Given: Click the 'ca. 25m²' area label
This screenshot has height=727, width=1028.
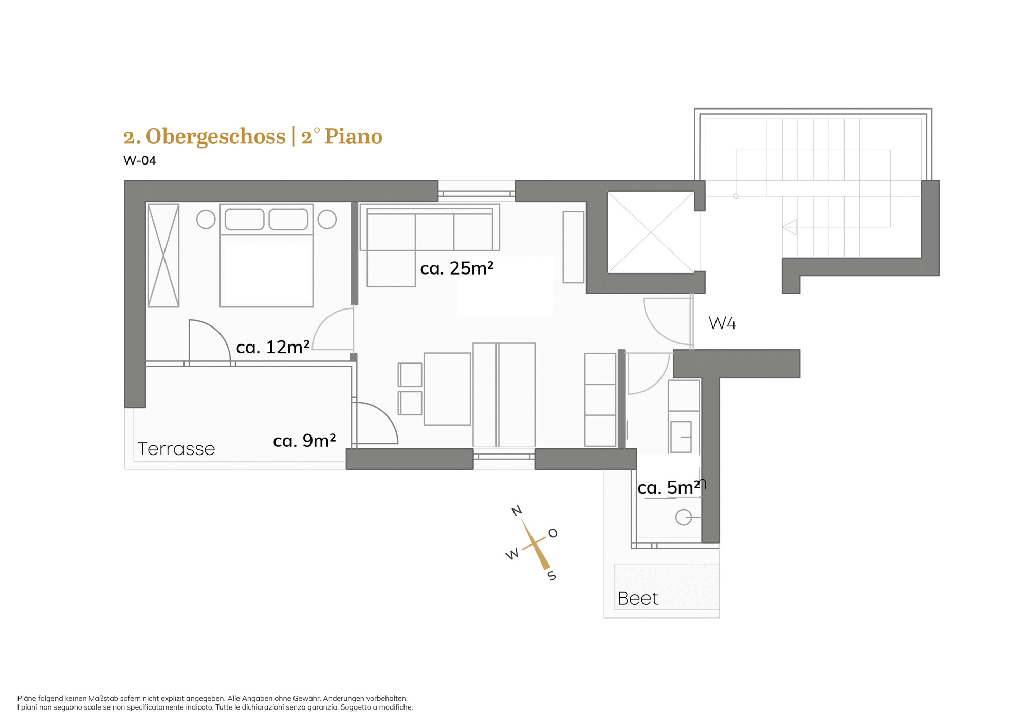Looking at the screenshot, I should click(x=456, y=268).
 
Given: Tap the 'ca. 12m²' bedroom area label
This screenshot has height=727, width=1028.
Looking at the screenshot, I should click(x=272, y=348).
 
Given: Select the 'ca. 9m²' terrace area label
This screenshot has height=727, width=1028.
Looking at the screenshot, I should click(x=304, y=441).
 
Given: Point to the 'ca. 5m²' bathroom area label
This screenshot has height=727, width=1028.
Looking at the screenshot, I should click(x=668, y=487).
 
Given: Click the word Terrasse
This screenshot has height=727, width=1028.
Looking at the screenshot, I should click(x=176, y=449).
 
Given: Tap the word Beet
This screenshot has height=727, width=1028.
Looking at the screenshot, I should click(x=638, y=598).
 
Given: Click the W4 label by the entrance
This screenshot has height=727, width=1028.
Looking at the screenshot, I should click(x=722, y=323).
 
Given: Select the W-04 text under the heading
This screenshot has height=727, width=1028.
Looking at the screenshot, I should click(x=140, y=161).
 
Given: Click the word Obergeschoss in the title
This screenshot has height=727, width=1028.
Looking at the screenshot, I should click(x=215, y=137).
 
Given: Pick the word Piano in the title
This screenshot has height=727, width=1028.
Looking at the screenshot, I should click(x=354, y=137).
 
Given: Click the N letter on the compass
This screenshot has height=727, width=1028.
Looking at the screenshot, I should click(x=517, y=511).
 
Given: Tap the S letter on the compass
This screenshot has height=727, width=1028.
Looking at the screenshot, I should click(x=552, y=575).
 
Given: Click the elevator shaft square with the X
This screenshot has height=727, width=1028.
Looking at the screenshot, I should click(x=651, y=232).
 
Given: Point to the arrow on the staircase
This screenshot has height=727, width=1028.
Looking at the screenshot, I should click(x=790, y=227).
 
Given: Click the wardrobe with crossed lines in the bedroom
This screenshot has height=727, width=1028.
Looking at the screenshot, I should click(x=163, y=256).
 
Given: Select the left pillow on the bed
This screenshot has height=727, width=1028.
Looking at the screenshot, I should click(x=245, y=220).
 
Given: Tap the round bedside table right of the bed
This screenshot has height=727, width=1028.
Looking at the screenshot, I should click(x=327, y=220).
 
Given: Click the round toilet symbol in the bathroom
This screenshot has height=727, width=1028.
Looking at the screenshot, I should click(x=684, y=517).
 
